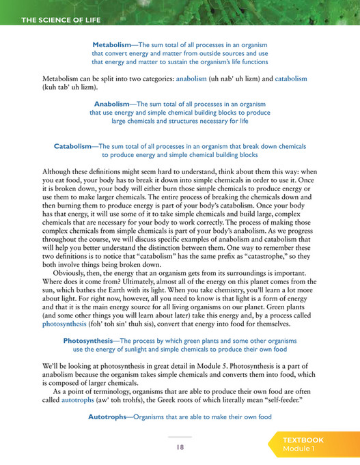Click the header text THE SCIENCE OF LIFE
point(61,20)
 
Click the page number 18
point(180,447)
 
